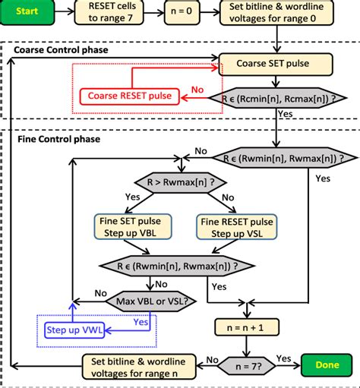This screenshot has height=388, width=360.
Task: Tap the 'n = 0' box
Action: [x=184, y=13]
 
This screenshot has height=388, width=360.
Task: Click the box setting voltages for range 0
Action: [x=286, y=13]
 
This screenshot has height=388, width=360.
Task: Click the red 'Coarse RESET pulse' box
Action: [x=129, y=96]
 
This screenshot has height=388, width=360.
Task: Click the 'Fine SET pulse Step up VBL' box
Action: [x=133, y=226]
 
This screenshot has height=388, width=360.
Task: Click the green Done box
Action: [x=326, y=364]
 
